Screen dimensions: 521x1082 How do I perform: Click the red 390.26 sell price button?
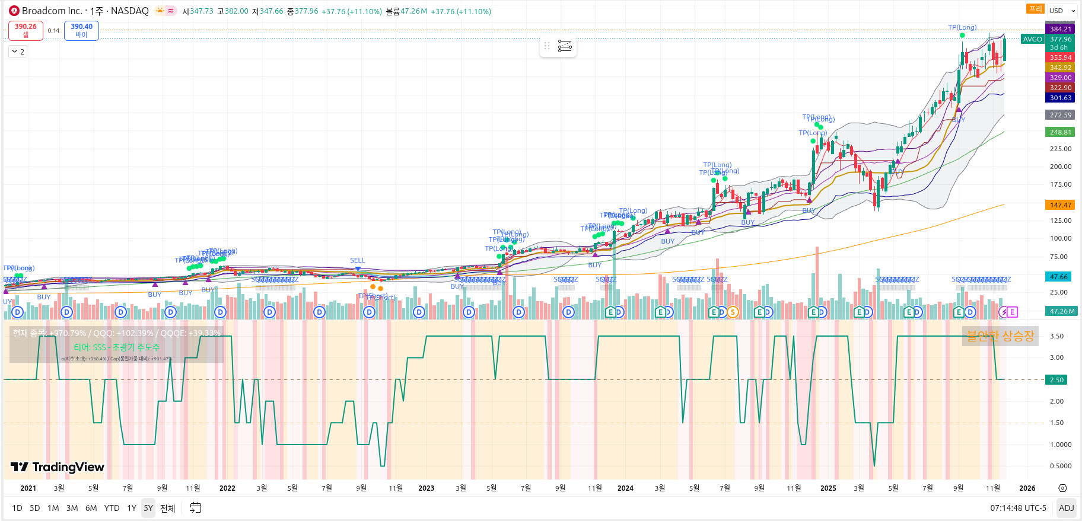(x=26, y=30)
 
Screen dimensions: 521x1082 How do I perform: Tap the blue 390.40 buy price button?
(x=81, y=30)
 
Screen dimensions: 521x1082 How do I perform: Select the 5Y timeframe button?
(x=148, y=508)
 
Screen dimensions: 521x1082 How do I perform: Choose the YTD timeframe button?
(x=112, y=508)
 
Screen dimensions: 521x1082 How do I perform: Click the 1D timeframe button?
(x=17, y=508)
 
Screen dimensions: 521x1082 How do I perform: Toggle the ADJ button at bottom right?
(x=1066, y=508)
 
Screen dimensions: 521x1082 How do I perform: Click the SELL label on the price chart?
(x=358, y=261)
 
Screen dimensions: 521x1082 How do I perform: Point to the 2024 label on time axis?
(x=625, y=488)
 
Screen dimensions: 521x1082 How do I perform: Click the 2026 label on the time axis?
(x=1027, y=488)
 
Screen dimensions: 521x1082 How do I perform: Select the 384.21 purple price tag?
(x=1060, y=29)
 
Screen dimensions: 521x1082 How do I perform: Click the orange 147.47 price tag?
(x=1060, y=205)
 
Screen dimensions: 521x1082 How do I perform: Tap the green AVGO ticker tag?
(x=1032, y=39)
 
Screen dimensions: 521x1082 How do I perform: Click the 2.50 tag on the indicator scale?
(x=1056, y=380)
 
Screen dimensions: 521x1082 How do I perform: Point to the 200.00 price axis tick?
(x=1060, y=167)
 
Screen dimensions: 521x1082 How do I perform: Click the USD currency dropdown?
(x=1061, y=11)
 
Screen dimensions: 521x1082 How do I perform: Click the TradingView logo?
(x=58, y=467)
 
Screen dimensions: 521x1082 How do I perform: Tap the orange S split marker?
(x=733, y=312)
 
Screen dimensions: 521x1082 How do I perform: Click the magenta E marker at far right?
(x=1012, y=312)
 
